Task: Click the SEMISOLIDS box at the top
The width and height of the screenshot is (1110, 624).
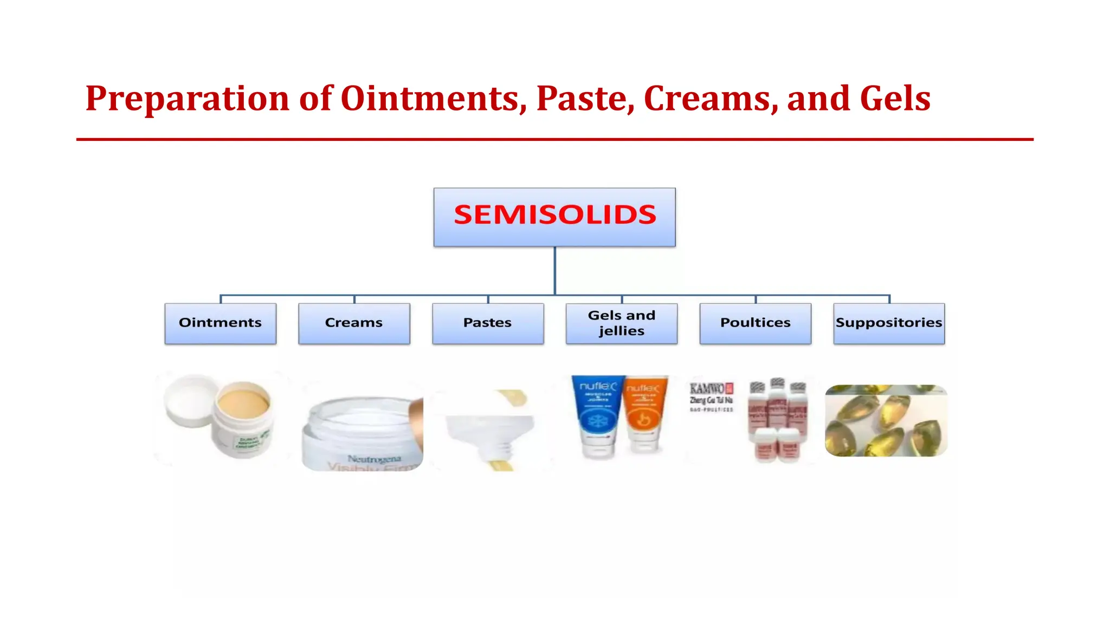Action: tap(554, 217)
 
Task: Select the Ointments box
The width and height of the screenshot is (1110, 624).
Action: tap(220, 323)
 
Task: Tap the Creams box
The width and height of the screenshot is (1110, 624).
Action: tap(354, 323)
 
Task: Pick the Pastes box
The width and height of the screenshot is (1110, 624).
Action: tap(488, 323)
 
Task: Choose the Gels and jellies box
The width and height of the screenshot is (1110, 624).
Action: tap(622, 323)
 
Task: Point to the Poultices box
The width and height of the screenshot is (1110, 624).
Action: tap(755, 323)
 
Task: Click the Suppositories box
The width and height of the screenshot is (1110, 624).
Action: tap(889, 323)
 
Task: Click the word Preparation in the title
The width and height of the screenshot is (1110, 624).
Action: tap(188, 99)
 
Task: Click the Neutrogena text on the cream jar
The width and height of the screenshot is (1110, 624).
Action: tap(374, 459)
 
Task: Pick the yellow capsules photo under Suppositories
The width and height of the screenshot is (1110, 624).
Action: tap(886, 421)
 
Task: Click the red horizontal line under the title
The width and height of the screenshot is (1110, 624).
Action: tap(554, 139)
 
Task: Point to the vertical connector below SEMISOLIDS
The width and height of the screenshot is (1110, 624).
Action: tap(554, 271)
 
